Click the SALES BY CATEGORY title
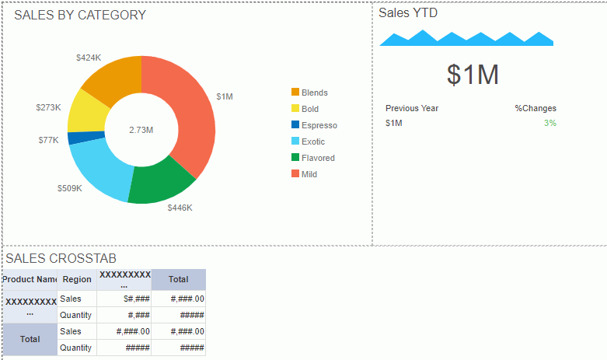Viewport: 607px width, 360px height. click(x=80, y=15)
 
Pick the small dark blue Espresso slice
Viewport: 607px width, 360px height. click(x=74, y=138)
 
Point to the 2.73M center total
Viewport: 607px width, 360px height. click(x=141, y=130)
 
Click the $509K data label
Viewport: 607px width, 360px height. click(x=69, y=188)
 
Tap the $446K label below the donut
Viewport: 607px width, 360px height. click(x=180, y=208)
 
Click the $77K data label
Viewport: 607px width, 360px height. click(x=48, y=140)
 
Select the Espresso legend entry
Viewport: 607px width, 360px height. click(x=315, y=125)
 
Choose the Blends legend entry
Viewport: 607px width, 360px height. click(x=310, y=93)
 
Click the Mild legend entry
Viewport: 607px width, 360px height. click(x=305, y=174)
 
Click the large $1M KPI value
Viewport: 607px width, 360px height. click(x=473, y=75)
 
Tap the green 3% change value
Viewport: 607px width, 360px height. click(x=550, y=123)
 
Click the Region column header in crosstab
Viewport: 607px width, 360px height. click(x=77, y=279)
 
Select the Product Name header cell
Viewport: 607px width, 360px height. click(x=30, y=279)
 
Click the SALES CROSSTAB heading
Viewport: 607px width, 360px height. click(x=61, y=258)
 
